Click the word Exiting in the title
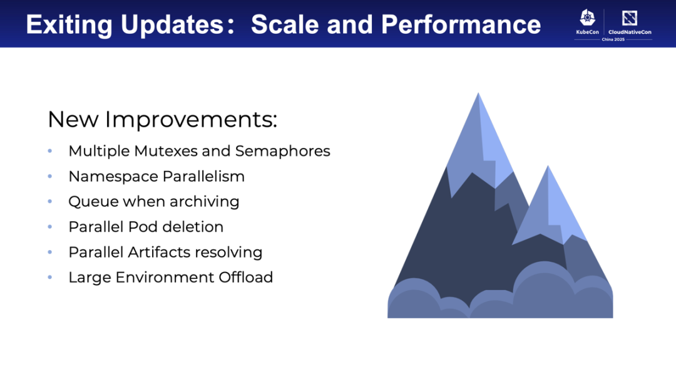coord(69,24)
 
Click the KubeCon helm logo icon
coord(587,18)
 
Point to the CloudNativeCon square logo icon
coord(630,18)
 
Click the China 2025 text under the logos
coord(613,39)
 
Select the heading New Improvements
coord(162,119)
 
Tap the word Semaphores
coord(283,152)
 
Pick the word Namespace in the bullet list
coord(113,177)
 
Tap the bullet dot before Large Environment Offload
coord(50,278)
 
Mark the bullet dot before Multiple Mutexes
coord(50,151)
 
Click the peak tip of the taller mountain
coord(478,93)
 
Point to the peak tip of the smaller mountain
coord(548,166)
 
